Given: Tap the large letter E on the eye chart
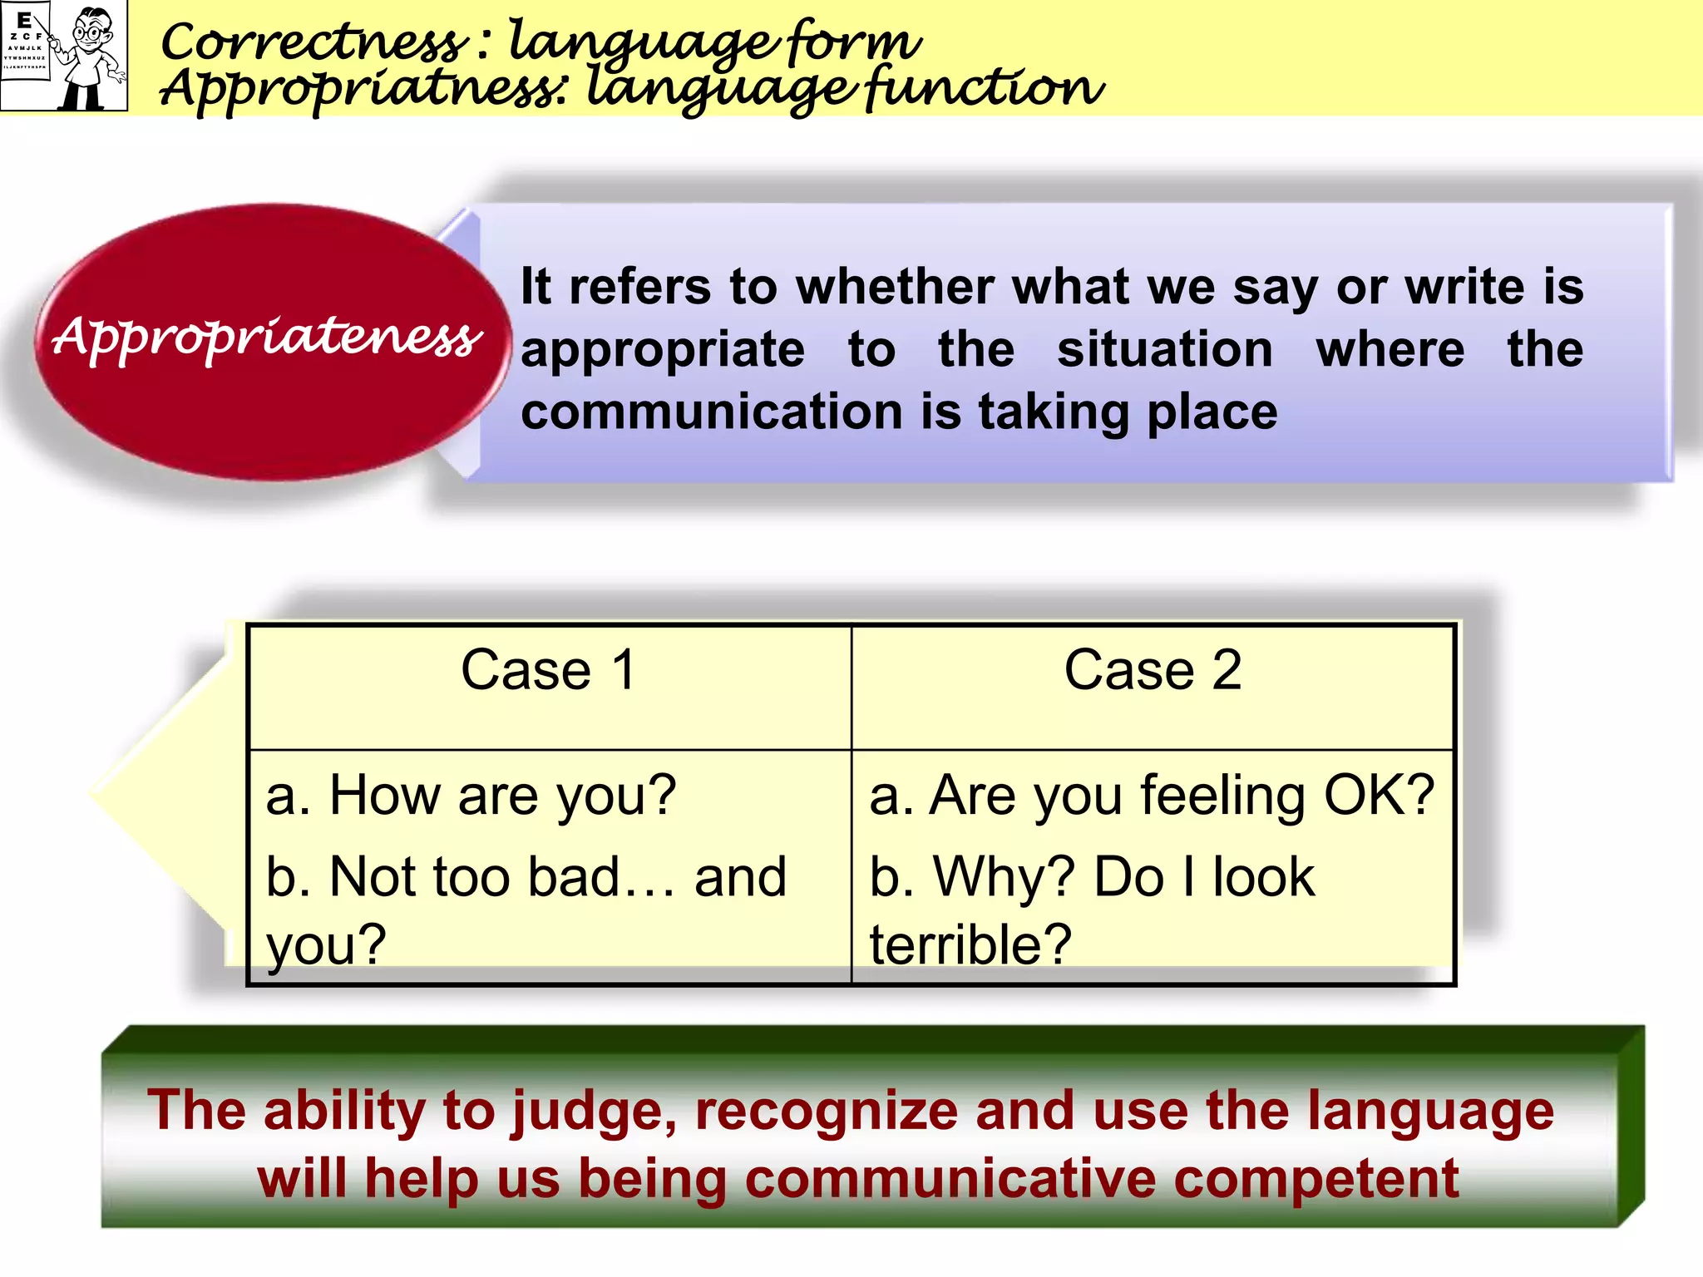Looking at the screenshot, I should pyautogui.click(x=24, y=18).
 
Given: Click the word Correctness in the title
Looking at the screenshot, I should pyautogui.click(x=313, y=42).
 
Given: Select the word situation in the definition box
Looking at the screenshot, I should pyautogui.click(x=1164, y=349).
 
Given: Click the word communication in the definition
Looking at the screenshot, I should pyautogui.click(x=712, y=412).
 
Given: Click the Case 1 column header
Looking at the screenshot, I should pyautogui.click(x=549, y=670).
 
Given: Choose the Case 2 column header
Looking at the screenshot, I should pyautogui.click(x=1153, y=670).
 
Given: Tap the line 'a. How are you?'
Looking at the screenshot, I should pyautogui.click(x=471, y=796).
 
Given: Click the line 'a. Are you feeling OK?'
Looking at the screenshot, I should pyautogui.click(x=1152, y=796).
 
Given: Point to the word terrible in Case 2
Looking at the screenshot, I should pyautogui.click(x=970, y=944).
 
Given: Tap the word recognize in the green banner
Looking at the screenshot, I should pyautogui.click(x=827, y=1111).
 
